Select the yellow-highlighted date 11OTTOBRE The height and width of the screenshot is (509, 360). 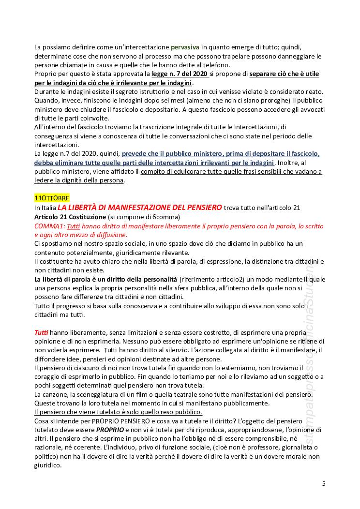click(52, 198)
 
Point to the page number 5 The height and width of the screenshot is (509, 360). click(324, 483)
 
